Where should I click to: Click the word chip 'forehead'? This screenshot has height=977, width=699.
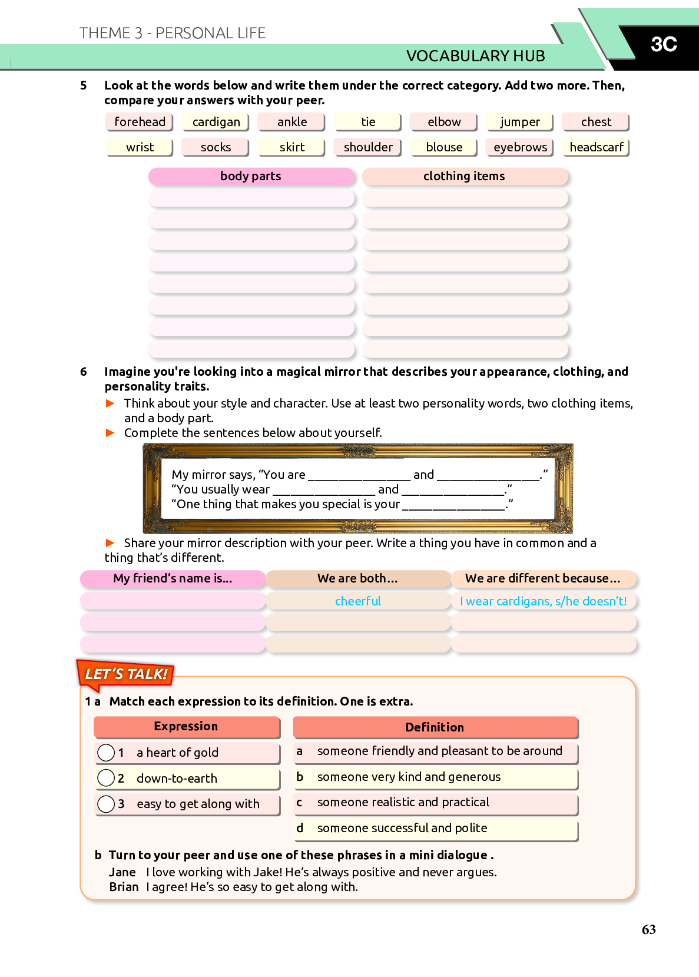click(x=140, y=122)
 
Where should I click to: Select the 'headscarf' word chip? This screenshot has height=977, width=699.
click(x=596, y=147)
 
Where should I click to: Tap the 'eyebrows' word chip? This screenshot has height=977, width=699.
click(x=520, y=147)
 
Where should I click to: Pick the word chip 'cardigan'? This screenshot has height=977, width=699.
click(x=216, y=122)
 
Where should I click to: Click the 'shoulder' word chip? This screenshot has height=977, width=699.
click(x=368, y=147)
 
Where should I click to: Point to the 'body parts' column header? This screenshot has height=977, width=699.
click(x=251, y=176)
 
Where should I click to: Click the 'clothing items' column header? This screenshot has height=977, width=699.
click(x=464, y=176)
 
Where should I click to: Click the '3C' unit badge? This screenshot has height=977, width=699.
click(x=664, y=44)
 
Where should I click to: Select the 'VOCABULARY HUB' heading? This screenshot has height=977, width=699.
click(x=475, y=56)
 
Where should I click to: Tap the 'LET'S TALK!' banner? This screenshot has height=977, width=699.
click(x=126, y=674)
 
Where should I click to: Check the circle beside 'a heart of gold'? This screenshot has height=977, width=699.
click(x=106, y=753)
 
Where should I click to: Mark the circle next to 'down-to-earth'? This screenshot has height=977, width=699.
click(x=106, y=778)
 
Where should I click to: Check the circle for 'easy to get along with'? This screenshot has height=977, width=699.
click(x=106, y=804)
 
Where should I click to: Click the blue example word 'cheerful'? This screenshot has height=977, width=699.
click(x=358, y=601)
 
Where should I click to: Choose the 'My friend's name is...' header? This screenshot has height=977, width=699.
click(x=173, y=578)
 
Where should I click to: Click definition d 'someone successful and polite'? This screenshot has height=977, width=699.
click(x=402, y=828)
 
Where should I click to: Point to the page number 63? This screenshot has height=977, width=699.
click(x=648, y=929)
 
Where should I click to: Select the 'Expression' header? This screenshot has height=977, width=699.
click(x=186, y=727)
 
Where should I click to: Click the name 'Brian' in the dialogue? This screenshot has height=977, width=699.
click(x=124, y=887)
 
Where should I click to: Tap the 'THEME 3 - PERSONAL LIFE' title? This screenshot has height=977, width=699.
click(x=173, y=33)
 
